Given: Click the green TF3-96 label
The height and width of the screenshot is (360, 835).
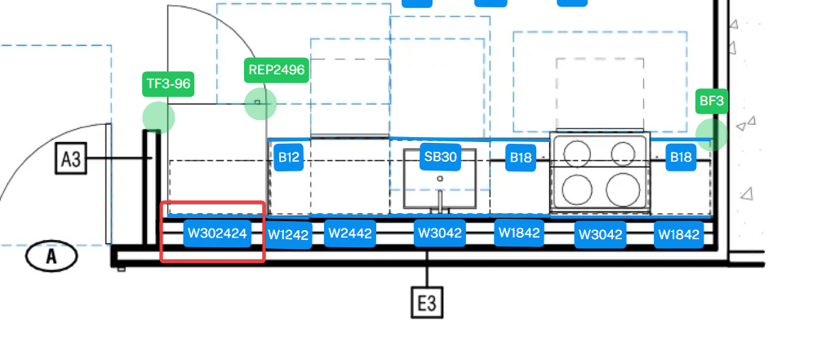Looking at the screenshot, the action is (168, 84).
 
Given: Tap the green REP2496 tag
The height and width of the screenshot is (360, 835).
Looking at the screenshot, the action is (277, 70).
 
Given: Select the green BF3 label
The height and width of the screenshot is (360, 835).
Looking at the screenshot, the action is (712, 101).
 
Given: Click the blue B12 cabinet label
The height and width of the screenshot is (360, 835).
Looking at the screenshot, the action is (289, 157).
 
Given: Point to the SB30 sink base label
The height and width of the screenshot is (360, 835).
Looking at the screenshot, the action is (441, 157).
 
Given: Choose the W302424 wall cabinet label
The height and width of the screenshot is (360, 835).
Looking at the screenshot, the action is (217, 233).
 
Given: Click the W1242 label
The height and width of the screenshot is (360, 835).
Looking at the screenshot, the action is (288, 235).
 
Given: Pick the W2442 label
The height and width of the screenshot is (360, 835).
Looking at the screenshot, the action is (350, 233).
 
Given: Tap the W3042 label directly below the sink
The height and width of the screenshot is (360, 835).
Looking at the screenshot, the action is (440, 233).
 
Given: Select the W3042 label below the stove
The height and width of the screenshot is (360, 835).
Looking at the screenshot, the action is (600, 235).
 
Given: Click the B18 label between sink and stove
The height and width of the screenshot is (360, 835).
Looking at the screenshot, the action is (520, 158).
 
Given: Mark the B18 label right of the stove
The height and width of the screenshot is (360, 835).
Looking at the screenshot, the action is (681, 157).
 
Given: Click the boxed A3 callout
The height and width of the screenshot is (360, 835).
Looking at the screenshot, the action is (71, 158).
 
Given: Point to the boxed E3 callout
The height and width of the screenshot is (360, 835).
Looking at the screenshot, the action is (427, 303).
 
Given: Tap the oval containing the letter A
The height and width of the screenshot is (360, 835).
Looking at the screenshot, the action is (51, 256).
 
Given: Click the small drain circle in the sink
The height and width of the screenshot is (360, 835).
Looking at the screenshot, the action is (440, 179).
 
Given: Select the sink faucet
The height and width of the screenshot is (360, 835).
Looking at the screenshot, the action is (441, 202).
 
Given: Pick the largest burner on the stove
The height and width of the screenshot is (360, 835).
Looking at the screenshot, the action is (623, 189).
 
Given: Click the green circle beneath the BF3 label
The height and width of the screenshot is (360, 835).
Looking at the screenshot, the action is (712, 135).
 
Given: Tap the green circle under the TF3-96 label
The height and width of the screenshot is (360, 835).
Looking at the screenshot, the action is (158, 118).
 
